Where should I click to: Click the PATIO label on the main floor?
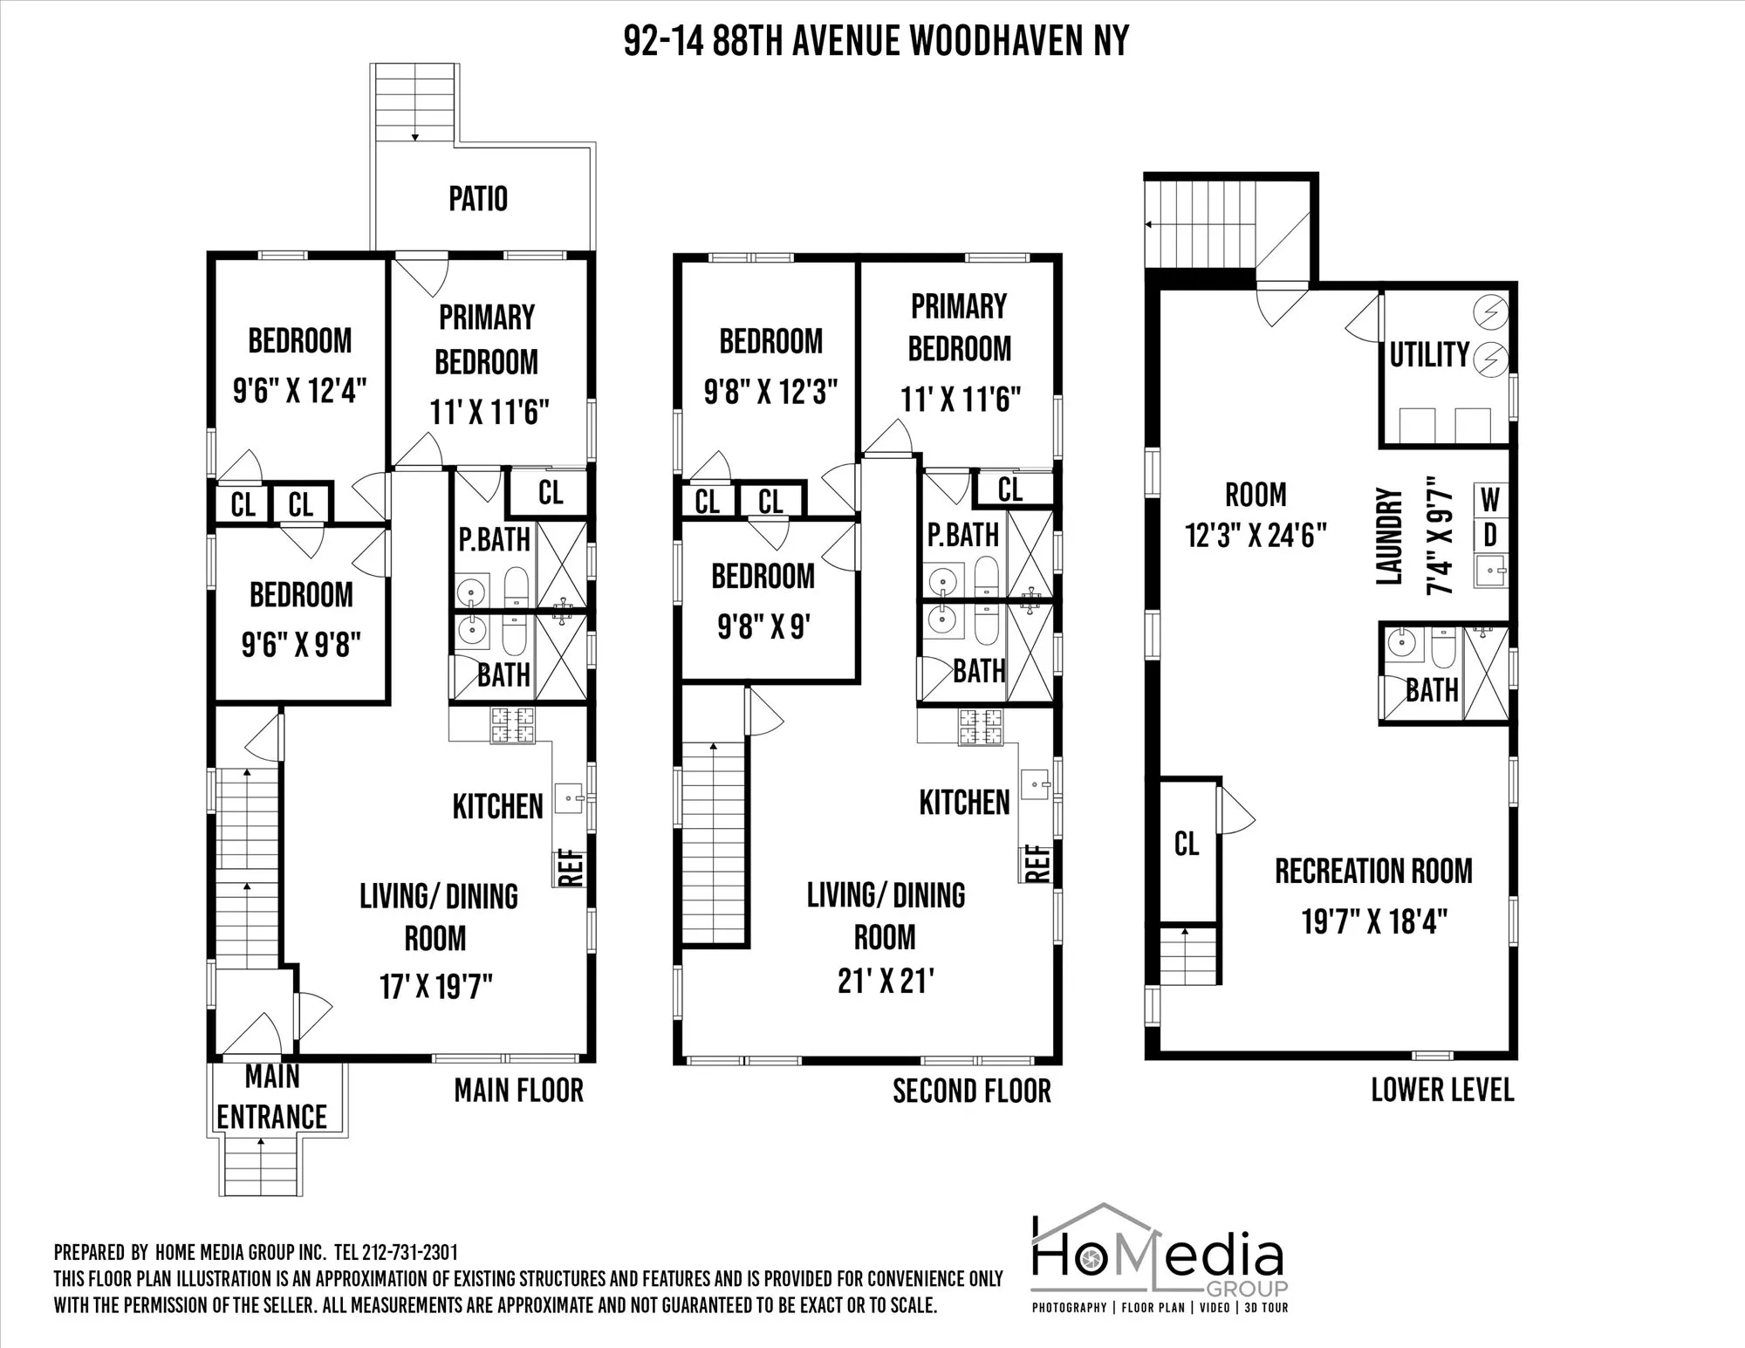pos(478,199)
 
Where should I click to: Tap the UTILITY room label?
pos(1429,354)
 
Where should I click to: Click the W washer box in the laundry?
pos(1490,501)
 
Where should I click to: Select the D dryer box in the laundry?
pos(1490,535)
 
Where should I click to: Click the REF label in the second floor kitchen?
pos(1037,864)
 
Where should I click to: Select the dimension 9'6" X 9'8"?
pos(301,646)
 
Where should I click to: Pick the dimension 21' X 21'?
pos(886,981)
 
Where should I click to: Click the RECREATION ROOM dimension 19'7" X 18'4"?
pos(1374,920)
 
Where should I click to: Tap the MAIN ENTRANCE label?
pos(272,1097)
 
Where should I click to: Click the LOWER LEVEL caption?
pos(1442,1090)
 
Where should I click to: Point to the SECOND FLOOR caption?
pos(972,1091)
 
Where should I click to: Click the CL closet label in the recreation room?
pos(1187,844)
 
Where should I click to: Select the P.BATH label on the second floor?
pos(963,535)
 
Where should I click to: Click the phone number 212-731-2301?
pos(409,1253)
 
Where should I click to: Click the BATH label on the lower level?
pos(1432,690)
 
